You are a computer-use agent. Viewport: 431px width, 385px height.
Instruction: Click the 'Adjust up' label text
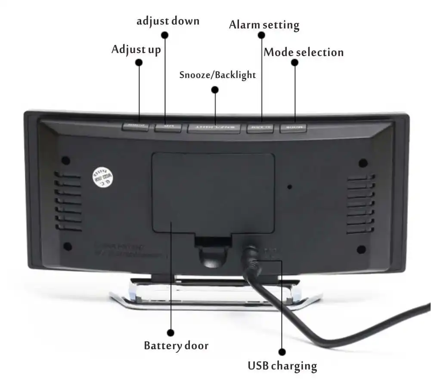coord(136,49)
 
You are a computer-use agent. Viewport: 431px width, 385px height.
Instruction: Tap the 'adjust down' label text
coord(168,21)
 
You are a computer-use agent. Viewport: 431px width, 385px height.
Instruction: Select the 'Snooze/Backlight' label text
coord(217,75)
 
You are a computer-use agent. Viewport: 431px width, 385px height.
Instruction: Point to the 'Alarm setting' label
coord(264,25)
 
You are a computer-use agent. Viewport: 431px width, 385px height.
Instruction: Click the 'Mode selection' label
coord(304,53)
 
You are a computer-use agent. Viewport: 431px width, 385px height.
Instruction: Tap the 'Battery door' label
coord(176,345)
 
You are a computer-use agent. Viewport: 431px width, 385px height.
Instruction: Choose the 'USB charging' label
coord(282,366)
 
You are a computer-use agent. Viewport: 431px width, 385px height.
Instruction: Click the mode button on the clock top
coord(293,128)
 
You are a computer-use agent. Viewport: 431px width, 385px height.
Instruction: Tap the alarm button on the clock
coord(260,128)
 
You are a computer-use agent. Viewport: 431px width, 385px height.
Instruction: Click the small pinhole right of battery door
coord(290,187)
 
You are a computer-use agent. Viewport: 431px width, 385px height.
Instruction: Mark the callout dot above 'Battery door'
coord(171,332)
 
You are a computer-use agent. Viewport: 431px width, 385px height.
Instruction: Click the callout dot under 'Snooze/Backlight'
coord(215,90)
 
